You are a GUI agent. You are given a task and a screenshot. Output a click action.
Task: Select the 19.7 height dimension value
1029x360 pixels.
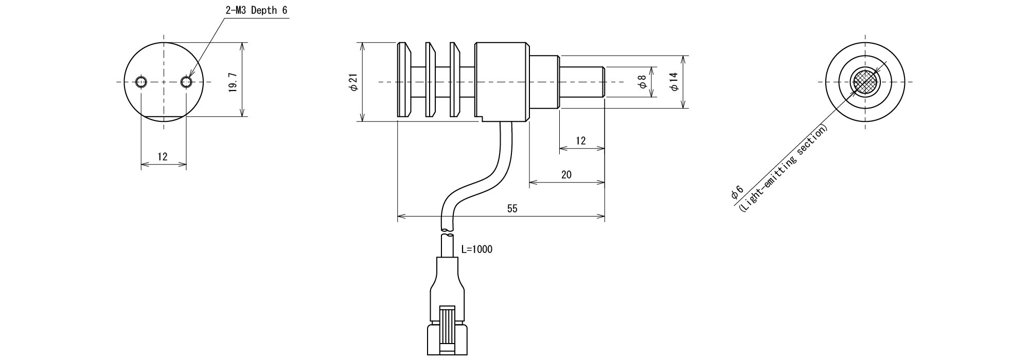pyautogui.click(x=233, y=82)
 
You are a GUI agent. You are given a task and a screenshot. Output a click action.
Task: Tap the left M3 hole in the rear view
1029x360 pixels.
pyautogui.click(x=141, y=82)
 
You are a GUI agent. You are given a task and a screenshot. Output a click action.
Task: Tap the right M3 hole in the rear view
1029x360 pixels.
pyautogui.click(x=187, y=82)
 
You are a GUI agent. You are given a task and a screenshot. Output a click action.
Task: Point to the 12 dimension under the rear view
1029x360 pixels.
pyautogui.click(x=163, y=157)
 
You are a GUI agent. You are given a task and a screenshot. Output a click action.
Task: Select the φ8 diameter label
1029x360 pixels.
pyautogui.click(x=642, y=82)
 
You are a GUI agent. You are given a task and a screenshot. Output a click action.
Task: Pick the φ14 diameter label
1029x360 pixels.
pyautogui.click(x=674, y=82)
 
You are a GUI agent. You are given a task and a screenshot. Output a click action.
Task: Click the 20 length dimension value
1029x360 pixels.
pyautogui.click(x=566, y=175)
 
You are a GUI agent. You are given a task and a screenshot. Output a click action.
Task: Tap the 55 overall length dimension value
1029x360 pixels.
pyautogui.click(x=512, y=208)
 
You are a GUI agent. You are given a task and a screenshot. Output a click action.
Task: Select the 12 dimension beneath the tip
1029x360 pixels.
pyautogui.click(x=581, y=141)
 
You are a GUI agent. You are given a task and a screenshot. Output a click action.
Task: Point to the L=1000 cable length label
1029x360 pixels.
pyautogui.click(x=476, y=249)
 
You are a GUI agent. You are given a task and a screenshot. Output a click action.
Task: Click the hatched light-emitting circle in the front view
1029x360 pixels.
pyautogui.click(x=865, y=82)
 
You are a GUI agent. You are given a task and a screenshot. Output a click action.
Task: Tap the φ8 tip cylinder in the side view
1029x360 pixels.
pyautogui.click(x=581, y=82)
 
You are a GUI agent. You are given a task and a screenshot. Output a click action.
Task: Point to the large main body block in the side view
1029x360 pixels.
pyautogui.click(x=502, y=82)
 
